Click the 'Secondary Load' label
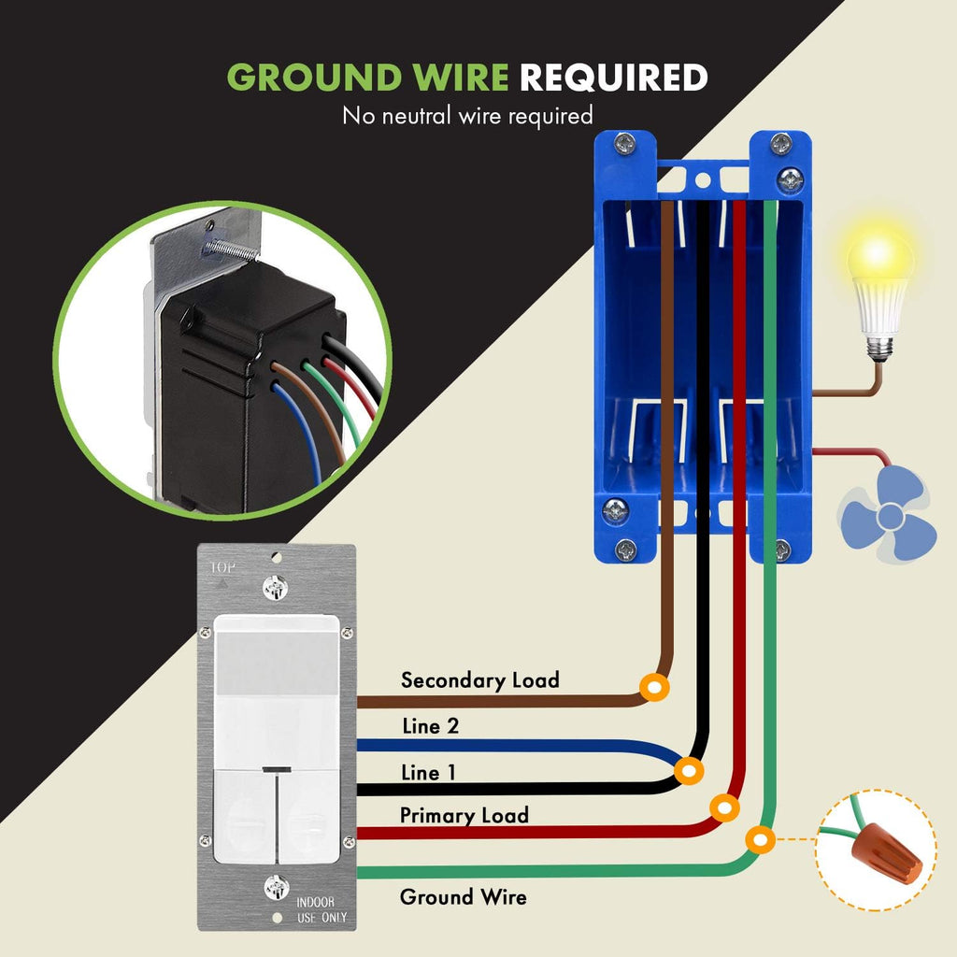click(479, 680)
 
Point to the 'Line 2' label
click(430, 725)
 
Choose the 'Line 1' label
click(428, 773)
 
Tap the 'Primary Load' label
click(464, 815)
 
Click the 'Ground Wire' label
click(464, 896)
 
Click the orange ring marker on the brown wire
click(654, 688)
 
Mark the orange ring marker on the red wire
click(724, 808)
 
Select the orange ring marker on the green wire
click(761, 840)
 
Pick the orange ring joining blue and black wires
click(689, 771)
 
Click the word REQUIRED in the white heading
click(613, 77)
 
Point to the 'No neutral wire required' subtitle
click(467, 115)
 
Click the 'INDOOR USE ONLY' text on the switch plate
click(321, 909)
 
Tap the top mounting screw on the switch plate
click(276, 589)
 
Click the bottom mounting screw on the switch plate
click(276, 888)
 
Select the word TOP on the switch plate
click(222, 568)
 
